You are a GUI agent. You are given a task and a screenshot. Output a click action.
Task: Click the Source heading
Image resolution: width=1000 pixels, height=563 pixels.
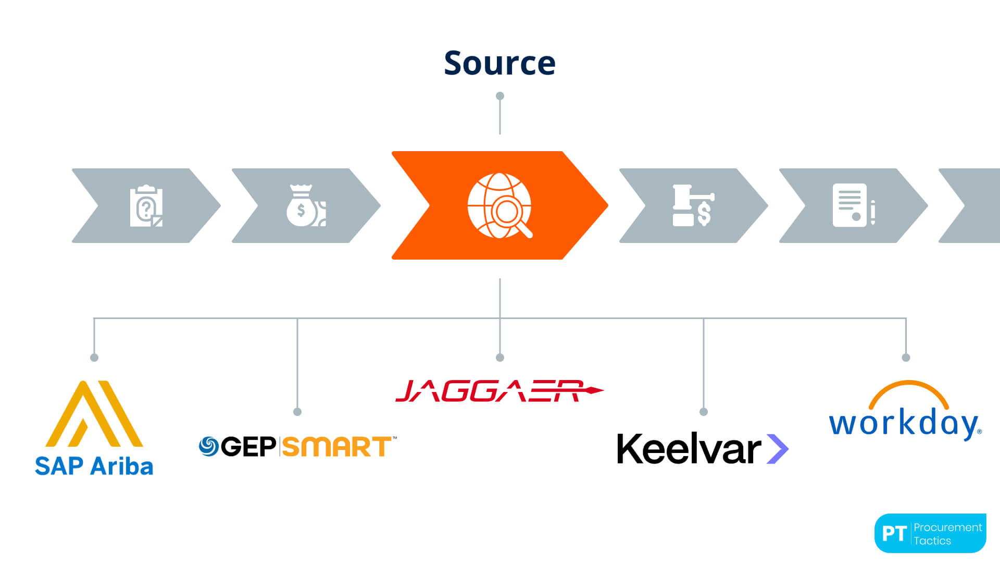[499, 63]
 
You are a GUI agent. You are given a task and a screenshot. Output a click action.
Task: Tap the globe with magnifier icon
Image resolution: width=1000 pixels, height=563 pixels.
[499, 205]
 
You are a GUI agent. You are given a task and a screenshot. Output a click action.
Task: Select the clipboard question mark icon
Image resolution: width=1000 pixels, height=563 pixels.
[146, 206]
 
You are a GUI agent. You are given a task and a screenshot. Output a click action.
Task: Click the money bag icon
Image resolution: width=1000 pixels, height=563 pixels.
[306, 205]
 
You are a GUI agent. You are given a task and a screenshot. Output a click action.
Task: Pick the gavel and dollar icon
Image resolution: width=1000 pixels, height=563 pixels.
[693, 205]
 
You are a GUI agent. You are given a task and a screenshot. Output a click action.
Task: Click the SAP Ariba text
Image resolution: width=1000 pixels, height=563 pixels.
[94, 466]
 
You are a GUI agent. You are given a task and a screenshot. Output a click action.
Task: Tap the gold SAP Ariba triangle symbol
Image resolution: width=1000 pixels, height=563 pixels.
[94, 414]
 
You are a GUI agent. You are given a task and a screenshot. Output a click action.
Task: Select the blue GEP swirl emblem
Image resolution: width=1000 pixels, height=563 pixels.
[209, 446]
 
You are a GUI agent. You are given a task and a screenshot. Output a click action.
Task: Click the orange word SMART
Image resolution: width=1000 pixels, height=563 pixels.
[337, 447]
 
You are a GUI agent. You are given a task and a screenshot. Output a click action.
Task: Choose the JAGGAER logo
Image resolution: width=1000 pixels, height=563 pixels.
[498, 391]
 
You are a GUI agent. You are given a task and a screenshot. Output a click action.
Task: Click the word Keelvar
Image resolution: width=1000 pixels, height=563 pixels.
[689, 449]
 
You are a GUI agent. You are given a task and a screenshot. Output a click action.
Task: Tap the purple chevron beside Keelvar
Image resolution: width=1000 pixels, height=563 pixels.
[778, 449]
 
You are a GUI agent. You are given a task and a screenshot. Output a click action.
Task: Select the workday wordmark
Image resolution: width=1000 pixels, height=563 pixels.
[904, 423]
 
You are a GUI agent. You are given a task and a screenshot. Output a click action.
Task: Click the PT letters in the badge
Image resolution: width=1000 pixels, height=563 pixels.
[894, 534]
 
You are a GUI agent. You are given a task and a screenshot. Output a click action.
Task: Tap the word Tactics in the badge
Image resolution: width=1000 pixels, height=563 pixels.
[932, 541]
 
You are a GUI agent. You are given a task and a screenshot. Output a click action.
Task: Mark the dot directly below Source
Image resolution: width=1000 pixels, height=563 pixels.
[500, 96]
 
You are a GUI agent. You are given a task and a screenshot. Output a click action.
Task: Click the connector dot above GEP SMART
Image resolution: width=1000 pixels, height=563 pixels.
[297, 412]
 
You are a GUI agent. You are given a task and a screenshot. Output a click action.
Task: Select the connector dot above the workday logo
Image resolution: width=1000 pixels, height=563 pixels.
[906, 358]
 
